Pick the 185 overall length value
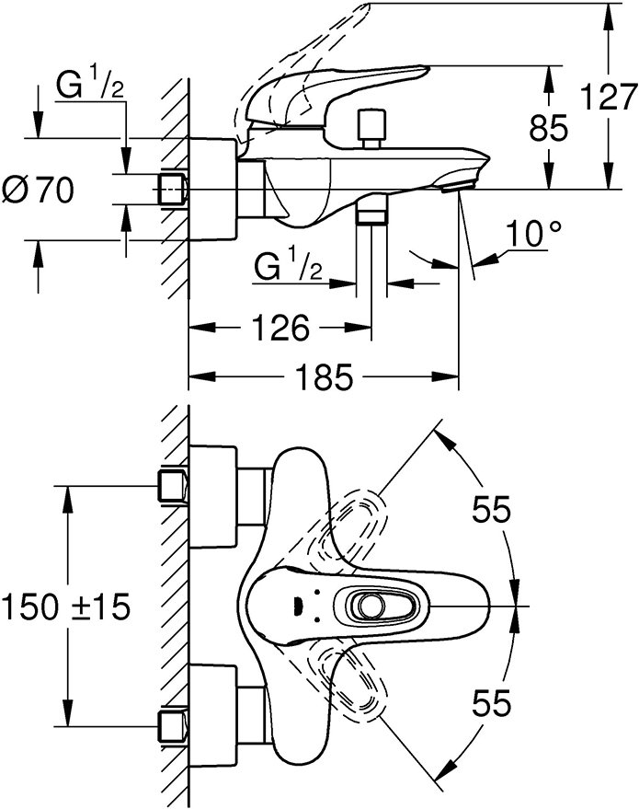tap(324, 377)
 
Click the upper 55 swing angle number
tap(492, 512)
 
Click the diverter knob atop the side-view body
tap(371, 127)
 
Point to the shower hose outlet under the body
tap(371, 215)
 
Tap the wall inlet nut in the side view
tap(173, 190)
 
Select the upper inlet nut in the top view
tap(173, 486)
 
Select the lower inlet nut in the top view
tap(173, 723)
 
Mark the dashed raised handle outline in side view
tap(303, 55)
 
